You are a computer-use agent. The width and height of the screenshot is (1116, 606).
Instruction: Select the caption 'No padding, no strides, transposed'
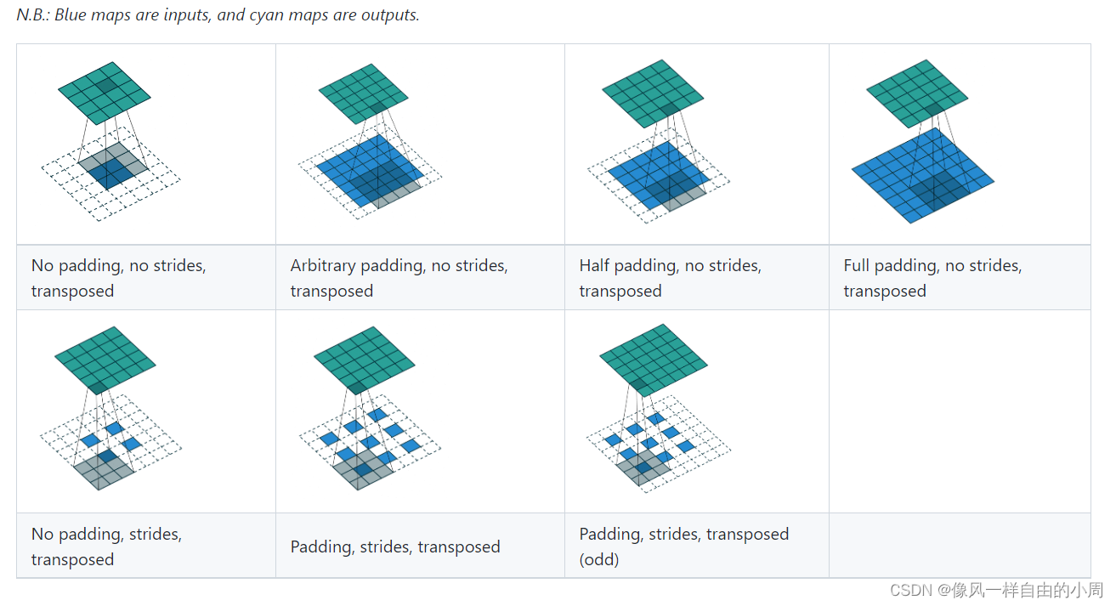pyautogui.click(x=118, y=278)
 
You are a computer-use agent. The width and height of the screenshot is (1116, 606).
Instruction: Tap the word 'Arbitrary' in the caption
pyautogui.click(x=323, y=266)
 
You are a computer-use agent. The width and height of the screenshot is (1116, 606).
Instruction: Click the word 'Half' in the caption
pyautogui.click(x=595, y=266)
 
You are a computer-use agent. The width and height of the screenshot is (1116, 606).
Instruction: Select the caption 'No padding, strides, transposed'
pyautogui.click(x=106, y=547)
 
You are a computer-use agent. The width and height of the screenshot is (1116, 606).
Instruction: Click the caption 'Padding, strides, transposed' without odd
pyautogui.click(x=395, y=547)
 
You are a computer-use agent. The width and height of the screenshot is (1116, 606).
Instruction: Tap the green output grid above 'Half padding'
pyautogui.click(x=653, y=88)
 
